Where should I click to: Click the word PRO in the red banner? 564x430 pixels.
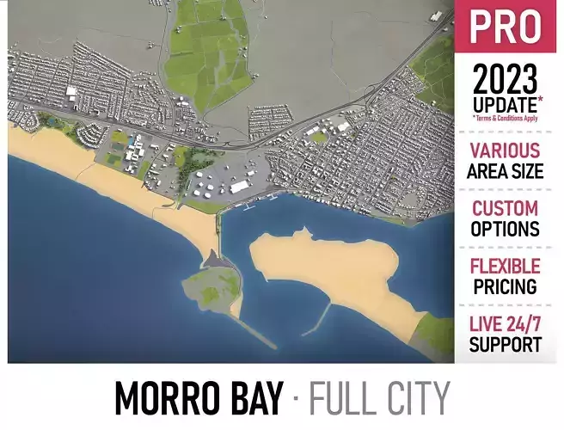(506, 28)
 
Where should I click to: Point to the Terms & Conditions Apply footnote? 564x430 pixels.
(506, 119)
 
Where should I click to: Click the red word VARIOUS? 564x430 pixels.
(506, 150)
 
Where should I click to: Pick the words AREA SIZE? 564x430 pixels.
(506, 170)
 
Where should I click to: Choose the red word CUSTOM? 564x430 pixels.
(506, 208)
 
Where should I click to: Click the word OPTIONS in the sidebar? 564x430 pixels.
(506, 229)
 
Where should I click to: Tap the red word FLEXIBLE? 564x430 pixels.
(506, 266)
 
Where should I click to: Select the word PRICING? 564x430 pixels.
(506, 286)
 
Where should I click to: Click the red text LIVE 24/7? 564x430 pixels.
(506, 324)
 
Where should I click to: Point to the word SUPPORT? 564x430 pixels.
(506, 345)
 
